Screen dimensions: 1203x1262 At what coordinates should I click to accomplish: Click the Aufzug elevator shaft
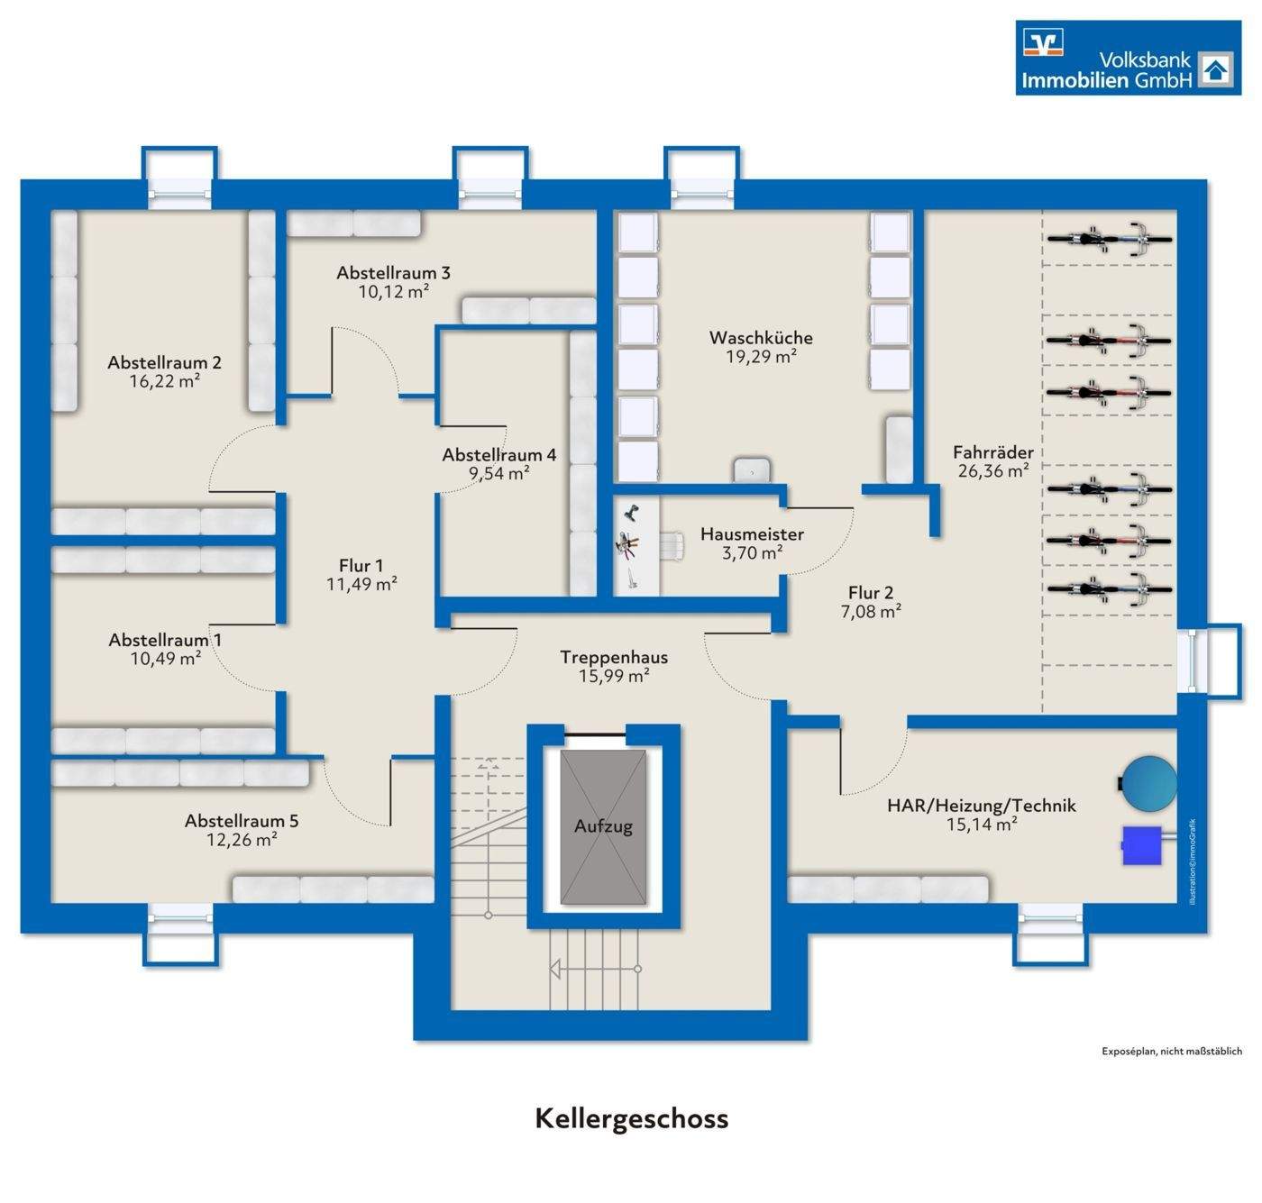pos(603,826)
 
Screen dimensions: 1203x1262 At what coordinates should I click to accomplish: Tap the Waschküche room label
pos(760,338)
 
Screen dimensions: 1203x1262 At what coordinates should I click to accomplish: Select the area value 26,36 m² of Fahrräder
pos(993,470)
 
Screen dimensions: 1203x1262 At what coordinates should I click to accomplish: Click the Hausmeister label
pos(752,534)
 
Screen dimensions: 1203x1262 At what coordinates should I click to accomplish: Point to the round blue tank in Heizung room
pos(1148,782)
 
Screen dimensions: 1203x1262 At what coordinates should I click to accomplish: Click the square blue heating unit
pos(1141,845)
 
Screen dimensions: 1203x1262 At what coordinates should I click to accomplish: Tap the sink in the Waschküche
pos(750,469)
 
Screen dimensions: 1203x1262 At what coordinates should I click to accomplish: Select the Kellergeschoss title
pos(631,1118)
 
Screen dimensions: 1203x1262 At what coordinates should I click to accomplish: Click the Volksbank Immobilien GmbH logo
pos(1128,57)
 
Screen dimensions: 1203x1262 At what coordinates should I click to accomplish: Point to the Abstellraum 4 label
pos(498,455)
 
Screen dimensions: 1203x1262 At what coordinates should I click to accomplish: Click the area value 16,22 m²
pos(164,381)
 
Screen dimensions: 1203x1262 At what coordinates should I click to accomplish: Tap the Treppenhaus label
pos(613,657)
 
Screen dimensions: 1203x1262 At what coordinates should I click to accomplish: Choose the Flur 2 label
pos(870,593)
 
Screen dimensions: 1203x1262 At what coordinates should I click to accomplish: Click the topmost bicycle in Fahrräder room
pos(1110,239)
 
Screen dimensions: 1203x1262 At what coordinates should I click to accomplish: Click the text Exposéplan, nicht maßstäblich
pos(1171,1051)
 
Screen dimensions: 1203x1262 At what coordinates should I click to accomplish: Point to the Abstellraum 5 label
pos(241,821)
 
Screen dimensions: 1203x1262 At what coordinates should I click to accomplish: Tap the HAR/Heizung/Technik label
pos(981,806)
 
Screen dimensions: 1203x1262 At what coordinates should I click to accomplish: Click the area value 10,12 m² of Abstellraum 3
pos(393,291)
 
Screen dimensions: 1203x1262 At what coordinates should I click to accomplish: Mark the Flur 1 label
pos(361,566)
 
